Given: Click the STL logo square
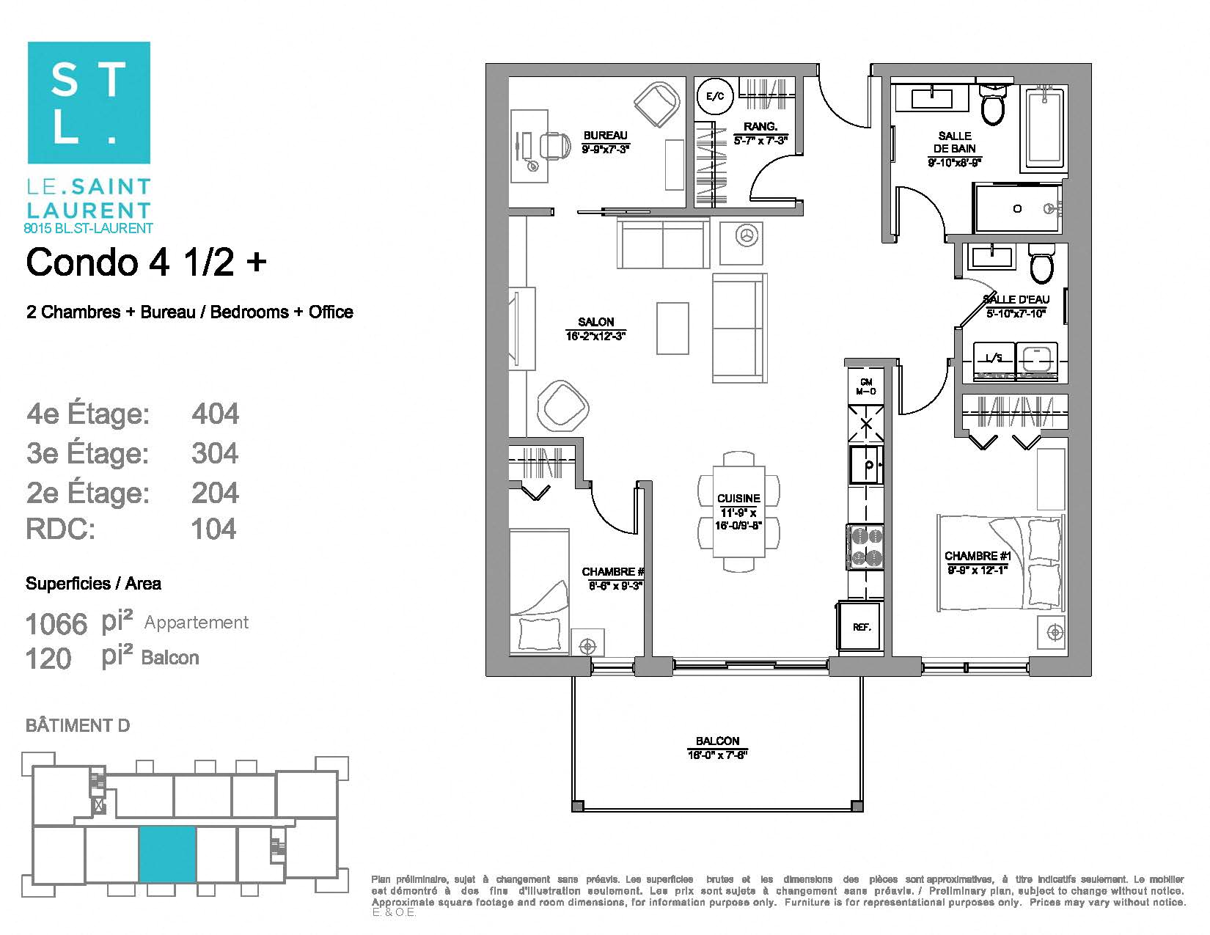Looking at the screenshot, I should pyautogui.click(x=89, y=103).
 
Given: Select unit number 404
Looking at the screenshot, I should pyautogui.click(x=215, y=414).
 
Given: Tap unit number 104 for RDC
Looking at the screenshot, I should pyautogui.click(x=213, y=529).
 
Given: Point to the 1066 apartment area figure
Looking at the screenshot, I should pyautogui.click(x=56, y=624).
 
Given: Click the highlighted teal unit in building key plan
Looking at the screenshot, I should pyautogui.click(x=167, y=854).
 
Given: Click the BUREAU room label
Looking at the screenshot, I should pyautogui.click(x=605, y=136).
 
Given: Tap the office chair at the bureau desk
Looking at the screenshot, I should pyautogui.click(x=554, y=145).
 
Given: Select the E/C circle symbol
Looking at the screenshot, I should pyautogui.click(x=714, y=96).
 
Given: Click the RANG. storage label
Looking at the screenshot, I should pyautogui.click(x=760, y=127).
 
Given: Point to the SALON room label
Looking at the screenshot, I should pyautogui.click(x=595, y=322).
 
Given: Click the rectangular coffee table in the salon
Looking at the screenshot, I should pyautogui.click(x=672, y=328).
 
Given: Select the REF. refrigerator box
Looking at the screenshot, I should pyautogui.click(x=861, y=627).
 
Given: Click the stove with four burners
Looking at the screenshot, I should pyautogui.click(x=866, y=546).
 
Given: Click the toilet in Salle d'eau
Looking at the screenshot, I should pyautogui.click(x=1041, y=265).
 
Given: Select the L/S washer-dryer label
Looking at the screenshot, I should pyautogui.click(x=994, y=358).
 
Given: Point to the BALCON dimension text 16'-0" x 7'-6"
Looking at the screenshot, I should pyautogui.click(x=717, y=755).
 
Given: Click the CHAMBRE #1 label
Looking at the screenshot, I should pyautogui.click(x=978, y=556).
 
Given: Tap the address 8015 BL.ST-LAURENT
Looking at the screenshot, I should pyautogui.click(x=89, y=228).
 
